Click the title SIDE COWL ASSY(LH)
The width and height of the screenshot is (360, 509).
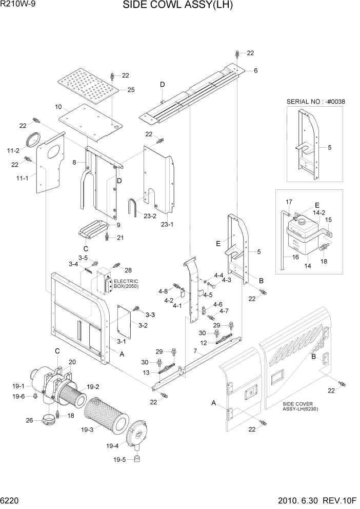tap(178, 6)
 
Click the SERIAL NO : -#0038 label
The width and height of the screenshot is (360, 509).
tap(315, 102)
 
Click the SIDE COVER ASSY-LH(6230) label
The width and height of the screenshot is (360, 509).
tap(304, 407)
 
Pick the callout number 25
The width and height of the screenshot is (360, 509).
tap(131, 90)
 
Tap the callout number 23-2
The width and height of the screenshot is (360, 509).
tap(150, 216)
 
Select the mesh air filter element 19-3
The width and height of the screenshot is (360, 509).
tap(105, 414)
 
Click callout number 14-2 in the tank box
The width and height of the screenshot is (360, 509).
tap(319, 212)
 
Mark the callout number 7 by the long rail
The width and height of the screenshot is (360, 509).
tap(195, 351)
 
